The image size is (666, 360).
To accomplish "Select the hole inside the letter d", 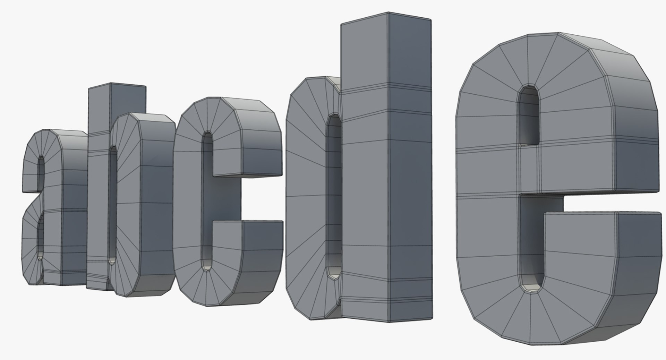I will [334, 194].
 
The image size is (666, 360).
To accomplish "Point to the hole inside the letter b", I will [112, 205].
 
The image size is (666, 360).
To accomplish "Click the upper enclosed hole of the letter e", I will [529, 114].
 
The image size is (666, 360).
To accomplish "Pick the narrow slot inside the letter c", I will [207, 201].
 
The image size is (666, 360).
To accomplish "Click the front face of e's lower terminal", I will [579, 250].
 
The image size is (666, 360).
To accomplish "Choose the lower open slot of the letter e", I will [531, 243].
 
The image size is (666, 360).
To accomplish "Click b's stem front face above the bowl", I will [99, 111].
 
